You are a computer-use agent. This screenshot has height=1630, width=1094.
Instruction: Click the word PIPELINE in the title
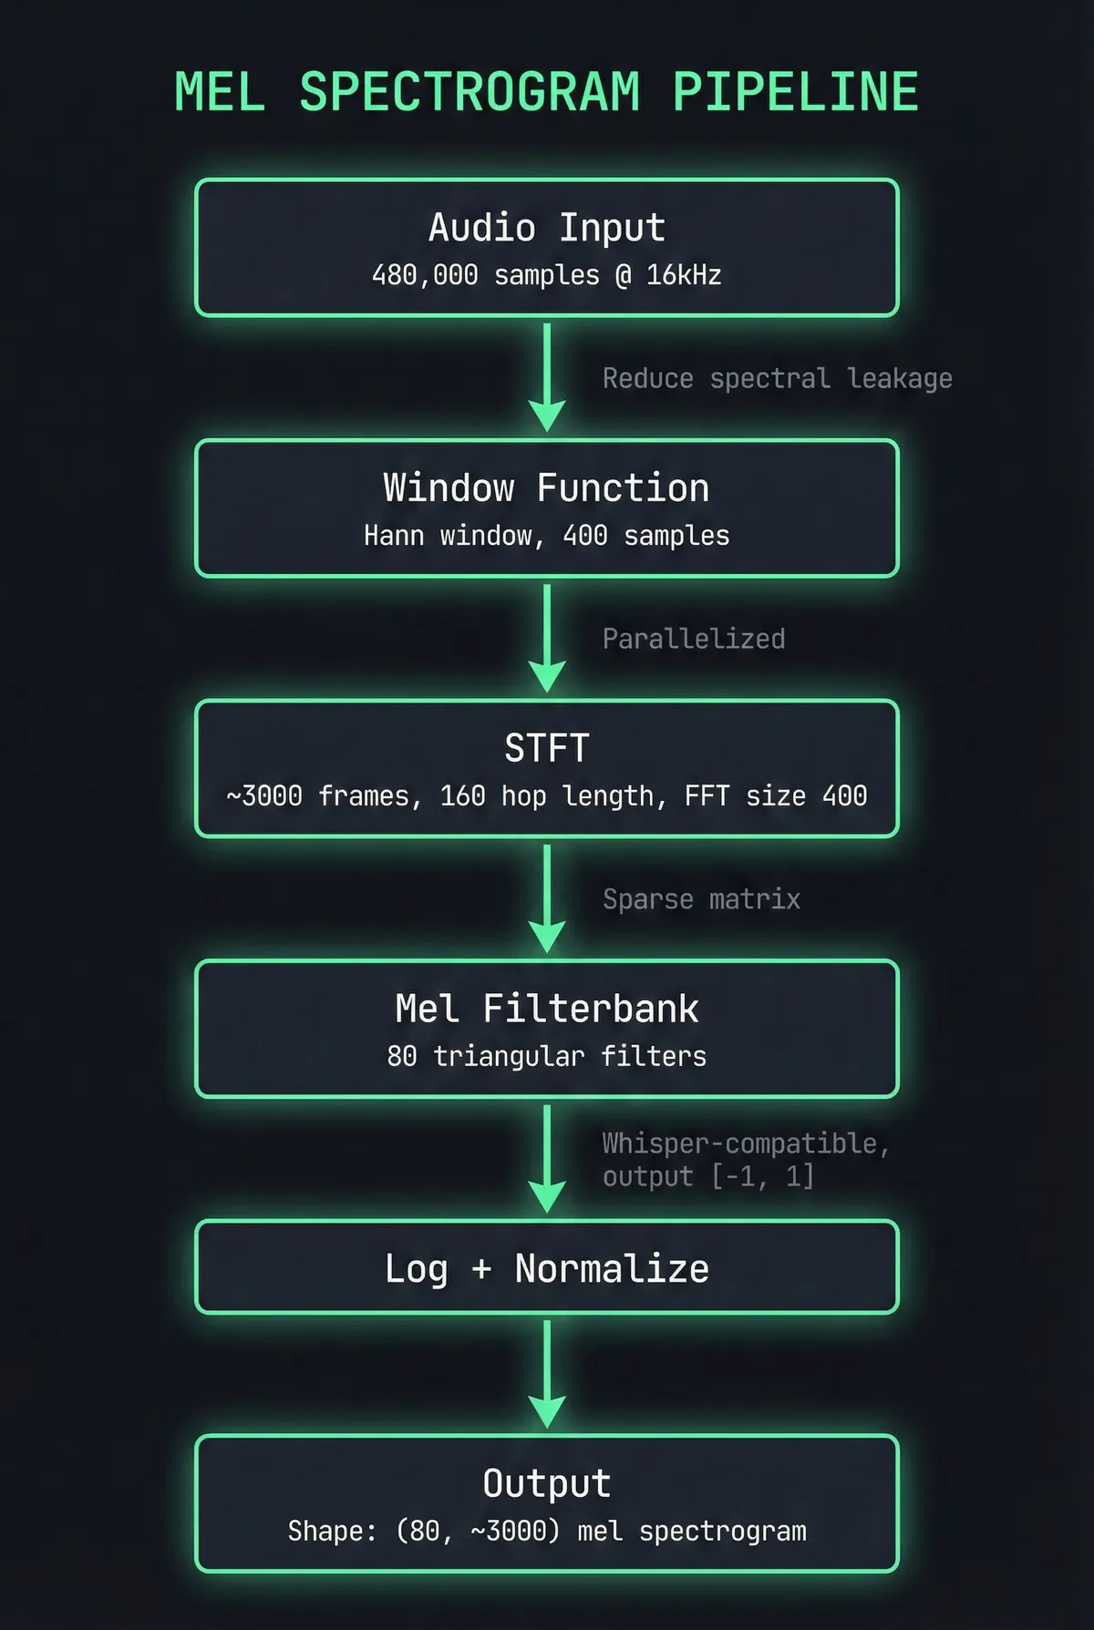795,92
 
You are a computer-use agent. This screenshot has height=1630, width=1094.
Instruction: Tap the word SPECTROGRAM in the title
470,92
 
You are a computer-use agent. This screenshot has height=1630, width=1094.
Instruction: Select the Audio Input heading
547,227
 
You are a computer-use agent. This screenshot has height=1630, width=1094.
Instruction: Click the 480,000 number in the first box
425,275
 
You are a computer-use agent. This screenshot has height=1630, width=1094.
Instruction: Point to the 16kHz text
684,275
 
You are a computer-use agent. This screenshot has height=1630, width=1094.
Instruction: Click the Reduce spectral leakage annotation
777,378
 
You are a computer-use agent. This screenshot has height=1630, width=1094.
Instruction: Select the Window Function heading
547,487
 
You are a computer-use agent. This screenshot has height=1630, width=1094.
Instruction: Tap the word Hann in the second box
394,536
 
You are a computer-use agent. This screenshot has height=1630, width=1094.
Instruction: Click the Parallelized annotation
694,639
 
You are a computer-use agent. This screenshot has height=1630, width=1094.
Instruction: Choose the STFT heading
547,748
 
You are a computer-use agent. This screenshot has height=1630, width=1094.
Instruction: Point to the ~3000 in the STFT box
264,796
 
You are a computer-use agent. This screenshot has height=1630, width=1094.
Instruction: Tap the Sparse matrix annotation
701,899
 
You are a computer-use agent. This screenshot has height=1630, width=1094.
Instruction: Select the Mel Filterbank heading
547,1009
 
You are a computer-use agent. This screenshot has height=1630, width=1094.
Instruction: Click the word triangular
509,1057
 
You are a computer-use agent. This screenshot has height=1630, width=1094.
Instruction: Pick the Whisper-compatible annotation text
745,1143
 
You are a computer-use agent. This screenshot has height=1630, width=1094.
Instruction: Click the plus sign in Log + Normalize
481,1268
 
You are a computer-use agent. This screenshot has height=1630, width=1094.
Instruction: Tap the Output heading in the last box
547,1483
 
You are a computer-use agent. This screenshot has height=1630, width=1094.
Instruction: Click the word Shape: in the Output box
332,1532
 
